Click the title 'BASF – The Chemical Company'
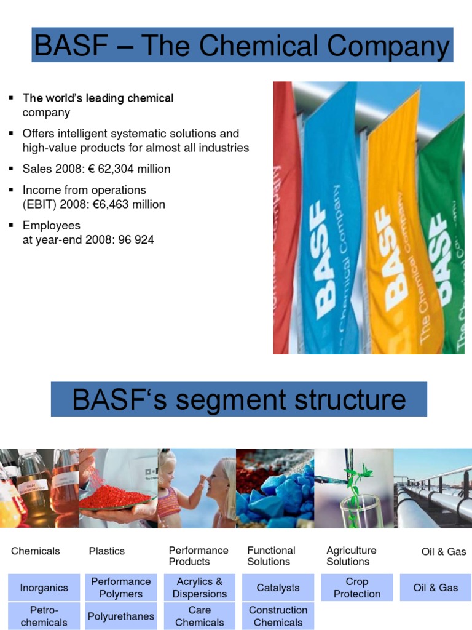point(242,46)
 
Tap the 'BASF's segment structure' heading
point(239,400)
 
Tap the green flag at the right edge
point(444,246)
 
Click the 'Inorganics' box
point(44,588)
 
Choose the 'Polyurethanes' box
point(121,616)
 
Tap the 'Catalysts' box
point(278,588)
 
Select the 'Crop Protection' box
point(356,588)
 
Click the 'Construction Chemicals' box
point(278,616)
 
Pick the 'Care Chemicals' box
point(200,616)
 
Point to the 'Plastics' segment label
point(106,551)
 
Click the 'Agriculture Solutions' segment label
point(352,556)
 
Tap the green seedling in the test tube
point(355,486)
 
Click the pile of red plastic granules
point(114,496)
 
